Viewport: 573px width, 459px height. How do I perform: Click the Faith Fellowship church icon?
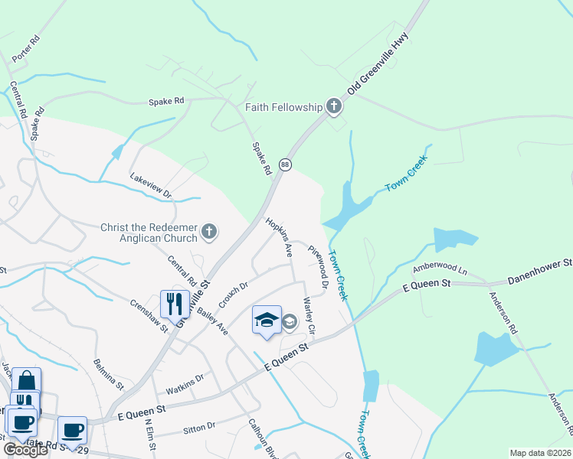(334, 107)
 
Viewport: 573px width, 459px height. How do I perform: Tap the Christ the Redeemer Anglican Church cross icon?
(209, 231)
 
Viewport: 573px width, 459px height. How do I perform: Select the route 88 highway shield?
(285, 164)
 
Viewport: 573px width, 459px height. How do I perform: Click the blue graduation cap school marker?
(267, 320)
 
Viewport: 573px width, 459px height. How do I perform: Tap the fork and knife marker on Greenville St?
(175, 304)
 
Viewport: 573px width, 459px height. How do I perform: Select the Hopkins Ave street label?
(280, 236)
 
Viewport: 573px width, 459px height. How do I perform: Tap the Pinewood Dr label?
(319, 266)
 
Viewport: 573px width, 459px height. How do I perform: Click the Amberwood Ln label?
(440, 269)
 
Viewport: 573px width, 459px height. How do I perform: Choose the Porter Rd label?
(25, 48)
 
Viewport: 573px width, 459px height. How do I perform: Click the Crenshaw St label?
(149, 317)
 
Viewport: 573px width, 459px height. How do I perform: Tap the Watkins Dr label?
(185, 383)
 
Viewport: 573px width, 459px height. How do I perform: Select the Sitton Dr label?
(200, 428)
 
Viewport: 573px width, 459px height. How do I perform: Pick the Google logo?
(26, 450)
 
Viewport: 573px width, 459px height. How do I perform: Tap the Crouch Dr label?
(234, 296)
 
